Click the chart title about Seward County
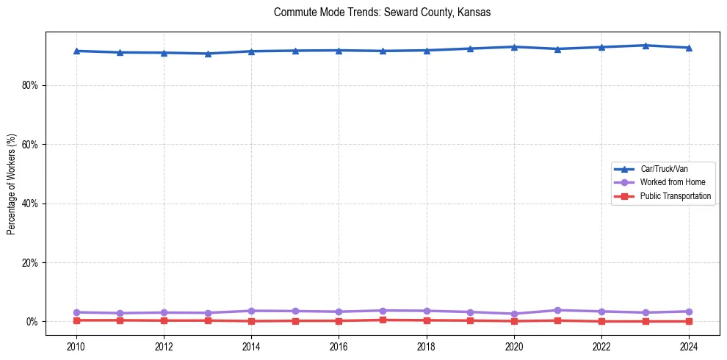(x=382, y=12)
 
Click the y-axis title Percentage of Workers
(x=11, y=184)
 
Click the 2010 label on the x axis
(x=76, y=346)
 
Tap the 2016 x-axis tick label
(x=339, y=346)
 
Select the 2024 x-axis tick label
(x=689, y=346)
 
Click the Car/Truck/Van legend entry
(x=664, y=169)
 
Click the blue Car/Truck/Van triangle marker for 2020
(x=514, y=47)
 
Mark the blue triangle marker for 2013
(x=208, y=54)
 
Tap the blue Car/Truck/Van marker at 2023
(x=645, y=46)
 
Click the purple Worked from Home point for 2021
(x=558, y=310)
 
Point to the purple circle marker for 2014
(x=251, y=311)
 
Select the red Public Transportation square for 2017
(x=383, y=320)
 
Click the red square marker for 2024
(x=689, y=321)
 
